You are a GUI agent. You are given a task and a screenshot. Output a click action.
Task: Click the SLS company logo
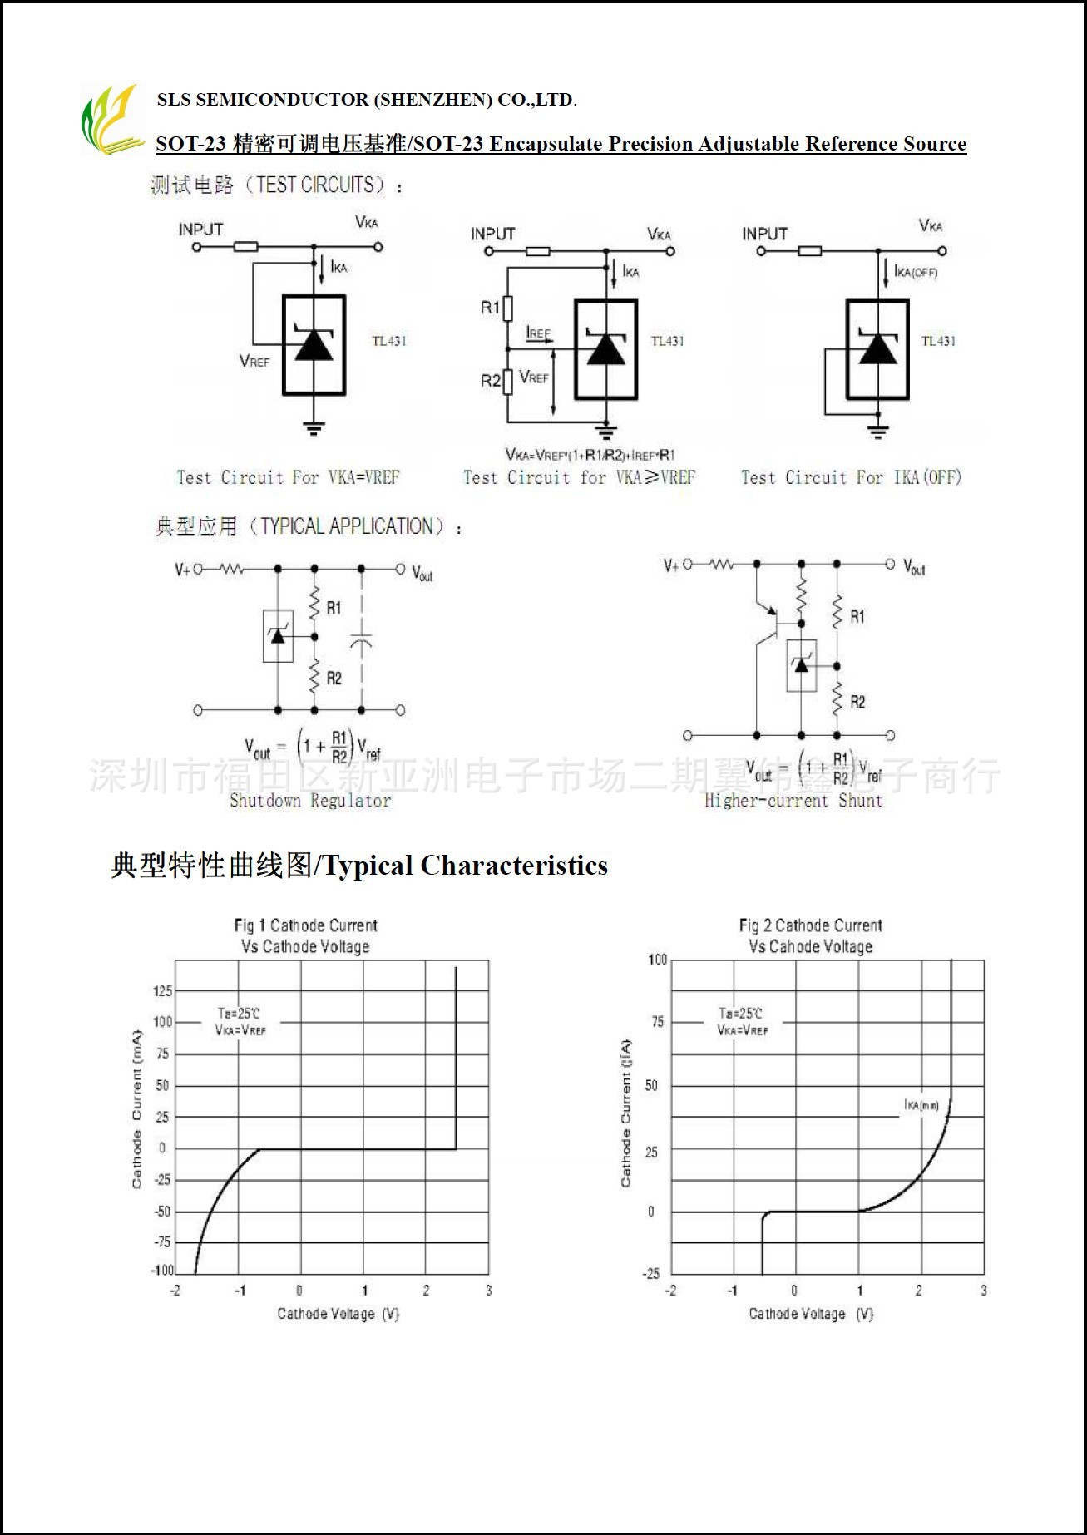pos(111,120)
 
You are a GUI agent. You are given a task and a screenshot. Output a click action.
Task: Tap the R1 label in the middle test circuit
pos(490,308)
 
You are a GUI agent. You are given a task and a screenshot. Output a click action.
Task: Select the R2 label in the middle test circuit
pos(490,381)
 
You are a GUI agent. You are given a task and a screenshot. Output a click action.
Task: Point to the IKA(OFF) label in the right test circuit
pos(916,272)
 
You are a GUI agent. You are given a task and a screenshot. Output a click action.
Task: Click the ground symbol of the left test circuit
pos(314,428)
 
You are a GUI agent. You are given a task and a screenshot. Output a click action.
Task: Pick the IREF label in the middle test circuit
pos(539,333)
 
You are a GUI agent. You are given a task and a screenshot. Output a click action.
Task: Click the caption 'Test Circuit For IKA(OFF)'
pos(851,477)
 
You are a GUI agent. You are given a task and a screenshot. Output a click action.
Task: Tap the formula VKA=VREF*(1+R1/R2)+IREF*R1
pos(590,455)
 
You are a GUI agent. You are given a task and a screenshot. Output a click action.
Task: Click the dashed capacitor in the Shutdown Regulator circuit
pos(361,641)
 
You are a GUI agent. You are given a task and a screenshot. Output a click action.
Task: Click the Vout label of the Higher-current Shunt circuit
pos(914,568)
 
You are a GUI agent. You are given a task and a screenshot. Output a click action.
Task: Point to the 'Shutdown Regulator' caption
pos(310,801)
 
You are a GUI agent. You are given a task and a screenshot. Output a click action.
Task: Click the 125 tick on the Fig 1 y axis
pos(162,991)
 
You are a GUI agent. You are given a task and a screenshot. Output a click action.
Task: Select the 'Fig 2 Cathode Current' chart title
pos(810,925)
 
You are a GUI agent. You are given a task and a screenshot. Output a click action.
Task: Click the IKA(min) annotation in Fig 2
pos(921,1105)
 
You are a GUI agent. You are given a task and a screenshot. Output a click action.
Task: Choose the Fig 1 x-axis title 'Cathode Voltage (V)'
pos(338,1314)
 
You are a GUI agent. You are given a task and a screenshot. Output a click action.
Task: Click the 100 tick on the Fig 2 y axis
pos(657,960)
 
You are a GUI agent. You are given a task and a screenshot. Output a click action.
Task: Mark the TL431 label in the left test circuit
pos(388,341)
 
